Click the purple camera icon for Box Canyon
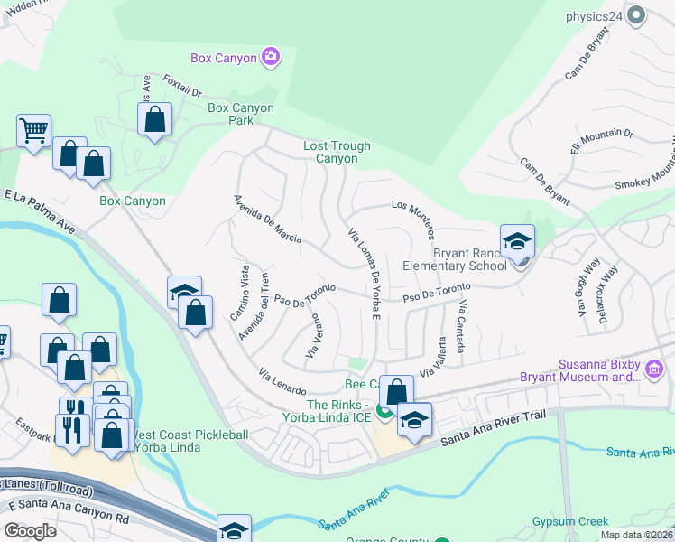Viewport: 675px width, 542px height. pyautogui.click(x=270, y=59)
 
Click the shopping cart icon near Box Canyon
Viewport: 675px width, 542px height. pyautogui.click(x=33, y=130)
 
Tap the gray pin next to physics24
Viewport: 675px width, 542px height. pyautogui.click(x=637, y=15)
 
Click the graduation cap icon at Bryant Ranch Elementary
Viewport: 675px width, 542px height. pyautogui.click(x=517, y=241)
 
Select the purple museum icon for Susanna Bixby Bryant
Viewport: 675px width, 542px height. pyautogui.click(x=655, y=369)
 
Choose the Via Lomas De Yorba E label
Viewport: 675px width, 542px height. pyautogui.click(x=364, y=272)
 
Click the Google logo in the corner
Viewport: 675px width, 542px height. pyautogui.click(x=31, y=531)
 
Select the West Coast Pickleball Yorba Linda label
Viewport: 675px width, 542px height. pyautogui.click(x=190, y=443)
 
